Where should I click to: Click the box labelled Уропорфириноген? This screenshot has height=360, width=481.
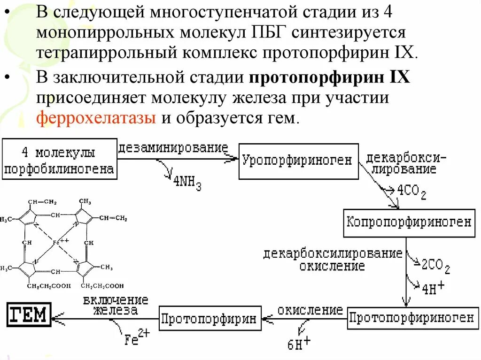coord(298,161)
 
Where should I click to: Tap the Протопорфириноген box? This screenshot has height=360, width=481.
coord(411,318)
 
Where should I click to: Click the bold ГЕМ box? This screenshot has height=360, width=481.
coord(29,314)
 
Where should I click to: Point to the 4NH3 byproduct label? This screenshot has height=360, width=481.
coord(187,183)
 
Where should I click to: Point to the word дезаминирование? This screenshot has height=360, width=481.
coord(173,148)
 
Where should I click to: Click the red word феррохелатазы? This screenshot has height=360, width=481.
coord(97,117)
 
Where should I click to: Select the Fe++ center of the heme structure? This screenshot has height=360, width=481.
coord(61,242)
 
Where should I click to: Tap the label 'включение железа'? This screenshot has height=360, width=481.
coord(116,305)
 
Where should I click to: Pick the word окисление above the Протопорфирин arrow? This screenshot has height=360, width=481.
coord(310,310)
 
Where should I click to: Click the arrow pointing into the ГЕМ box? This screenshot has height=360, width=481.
coord(59,319)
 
